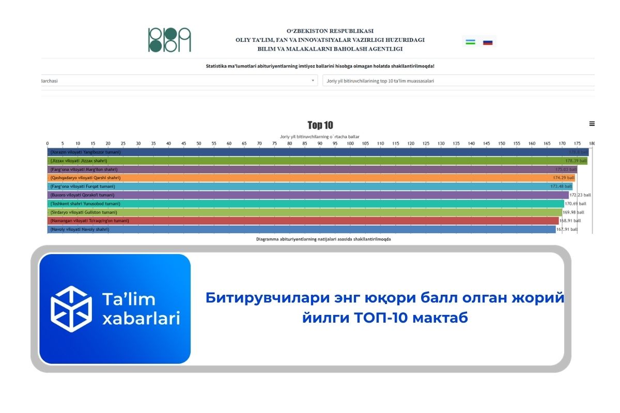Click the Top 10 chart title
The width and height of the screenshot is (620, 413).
click(320, 125)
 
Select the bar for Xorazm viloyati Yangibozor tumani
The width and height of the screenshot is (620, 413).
click(310, 152)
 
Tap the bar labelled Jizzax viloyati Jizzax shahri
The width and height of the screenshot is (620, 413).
click(310, 161)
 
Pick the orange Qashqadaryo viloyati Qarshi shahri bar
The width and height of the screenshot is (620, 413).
click(310, 178)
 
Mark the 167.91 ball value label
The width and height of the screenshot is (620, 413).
click(567, 229)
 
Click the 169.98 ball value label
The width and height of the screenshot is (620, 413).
click(573, 212)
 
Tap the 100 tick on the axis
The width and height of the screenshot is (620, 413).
click(350, 143)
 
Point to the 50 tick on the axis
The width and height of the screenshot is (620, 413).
click(199, 143)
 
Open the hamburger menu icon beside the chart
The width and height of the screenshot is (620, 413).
click(592, 123)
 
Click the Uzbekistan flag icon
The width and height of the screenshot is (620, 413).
click(470, 42)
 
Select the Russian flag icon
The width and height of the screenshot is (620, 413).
click(488, 42)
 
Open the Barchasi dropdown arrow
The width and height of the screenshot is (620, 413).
click(313, 81)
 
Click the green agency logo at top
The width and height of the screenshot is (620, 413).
click(169, 40)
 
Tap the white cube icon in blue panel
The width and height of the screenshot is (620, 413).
click(71, 309)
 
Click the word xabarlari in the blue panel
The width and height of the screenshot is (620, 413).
click(141, 318)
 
